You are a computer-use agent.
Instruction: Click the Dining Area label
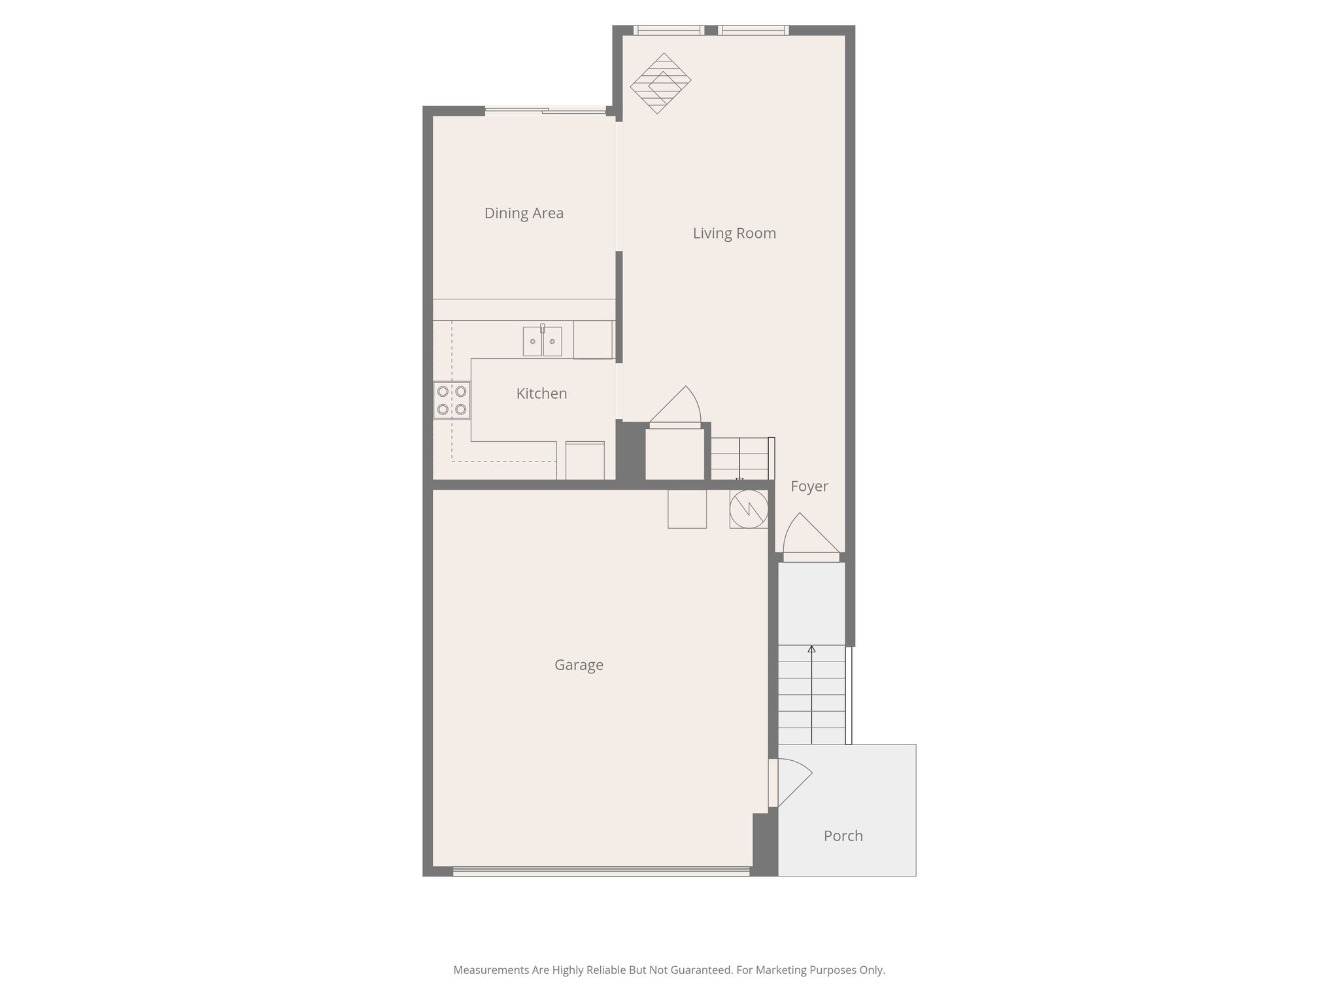[x=524, y=213]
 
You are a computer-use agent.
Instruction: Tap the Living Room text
[x=734, y=233]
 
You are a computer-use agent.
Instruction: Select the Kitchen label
[x=541, y=393]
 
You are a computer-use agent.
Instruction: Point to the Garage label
[x=579, y=665]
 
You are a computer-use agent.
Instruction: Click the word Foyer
[x=809, y=486]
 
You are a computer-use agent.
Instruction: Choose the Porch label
[x=843, y=836]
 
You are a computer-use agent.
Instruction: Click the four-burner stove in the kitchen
[x=452, y=400]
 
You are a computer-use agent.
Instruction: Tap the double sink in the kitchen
[x=542, y=341]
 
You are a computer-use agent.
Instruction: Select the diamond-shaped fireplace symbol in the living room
[x=660, y=83]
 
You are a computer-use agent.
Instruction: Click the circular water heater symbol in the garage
[x=749, y=509]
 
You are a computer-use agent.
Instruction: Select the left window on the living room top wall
[x=668, y=30]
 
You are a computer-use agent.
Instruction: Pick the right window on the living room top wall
[x=753, y=30]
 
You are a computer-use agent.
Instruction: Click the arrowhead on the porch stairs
[x=811, y=649]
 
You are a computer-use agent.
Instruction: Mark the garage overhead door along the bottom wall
[x=601, y=871]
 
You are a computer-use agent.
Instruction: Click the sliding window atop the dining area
[x=546, y=111]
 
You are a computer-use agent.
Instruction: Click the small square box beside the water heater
[x=687, y=509]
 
